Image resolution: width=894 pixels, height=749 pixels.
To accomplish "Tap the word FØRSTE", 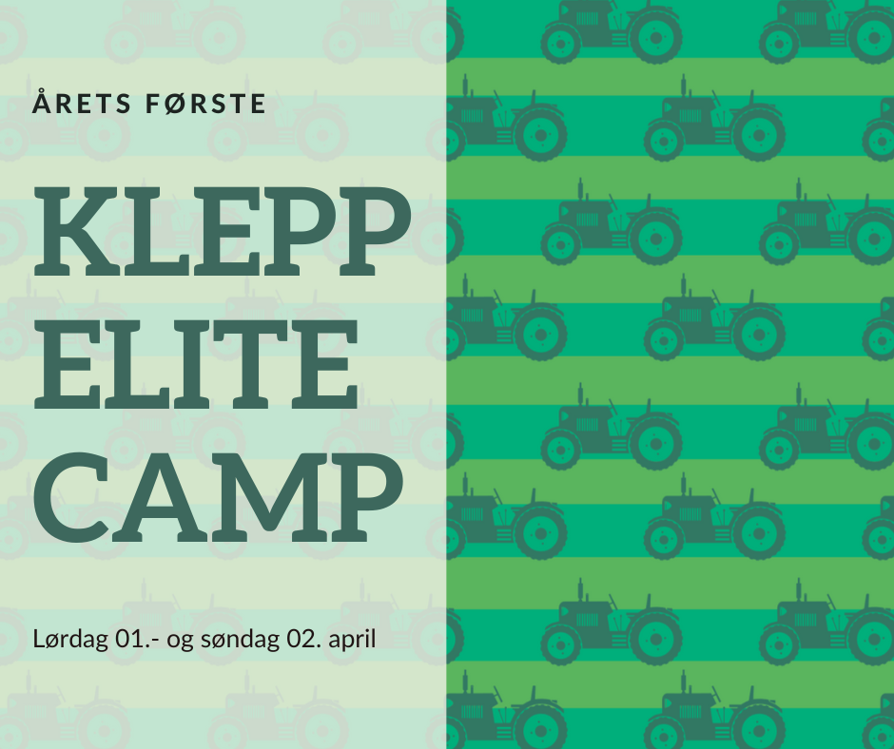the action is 205,104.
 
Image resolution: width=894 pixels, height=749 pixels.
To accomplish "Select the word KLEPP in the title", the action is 223,231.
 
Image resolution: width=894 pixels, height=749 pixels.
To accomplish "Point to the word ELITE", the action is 196,364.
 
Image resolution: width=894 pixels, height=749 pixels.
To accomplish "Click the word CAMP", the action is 219,497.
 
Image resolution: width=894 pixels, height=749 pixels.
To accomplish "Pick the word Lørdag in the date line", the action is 70,640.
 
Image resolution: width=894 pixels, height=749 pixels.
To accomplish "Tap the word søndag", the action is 240,640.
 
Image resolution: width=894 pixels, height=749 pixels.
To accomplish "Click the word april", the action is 352,640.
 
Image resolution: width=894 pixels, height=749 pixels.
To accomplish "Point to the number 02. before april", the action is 304,639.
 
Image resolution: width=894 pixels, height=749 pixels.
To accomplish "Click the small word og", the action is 180,642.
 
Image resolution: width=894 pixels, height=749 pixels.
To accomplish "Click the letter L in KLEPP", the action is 153,231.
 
